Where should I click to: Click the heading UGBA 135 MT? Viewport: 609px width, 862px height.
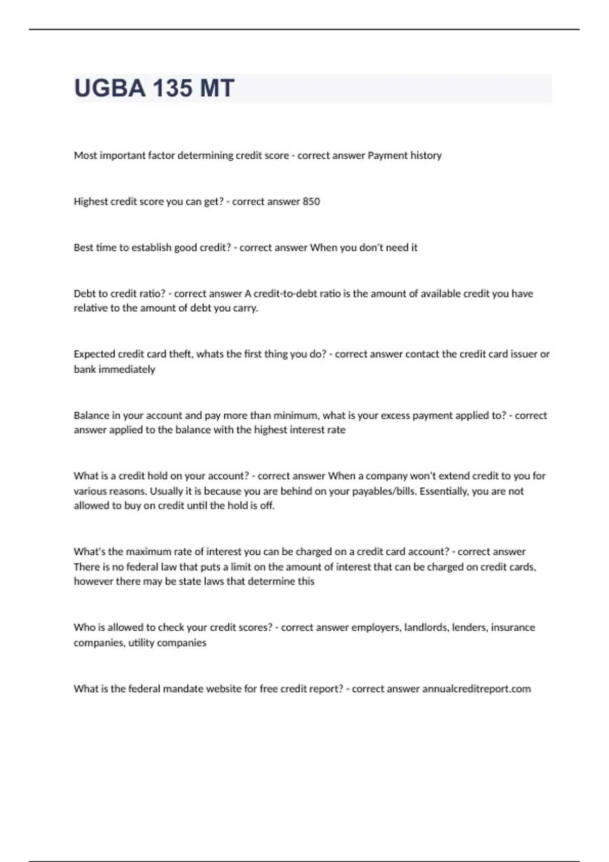coord(154,88)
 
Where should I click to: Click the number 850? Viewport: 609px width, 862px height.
coord(311,201)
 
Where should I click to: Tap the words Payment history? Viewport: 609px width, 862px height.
coord(404,155)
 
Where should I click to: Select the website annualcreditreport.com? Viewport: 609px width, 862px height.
coord(477,689)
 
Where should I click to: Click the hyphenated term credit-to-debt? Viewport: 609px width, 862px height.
coord(297,293)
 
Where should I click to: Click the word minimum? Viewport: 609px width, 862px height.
coord(296,415)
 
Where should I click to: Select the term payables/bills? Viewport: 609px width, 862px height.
coord(382,491)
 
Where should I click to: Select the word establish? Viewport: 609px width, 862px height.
coord(152,247)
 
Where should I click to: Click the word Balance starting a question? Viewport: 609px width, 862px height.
coord(91,415)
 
